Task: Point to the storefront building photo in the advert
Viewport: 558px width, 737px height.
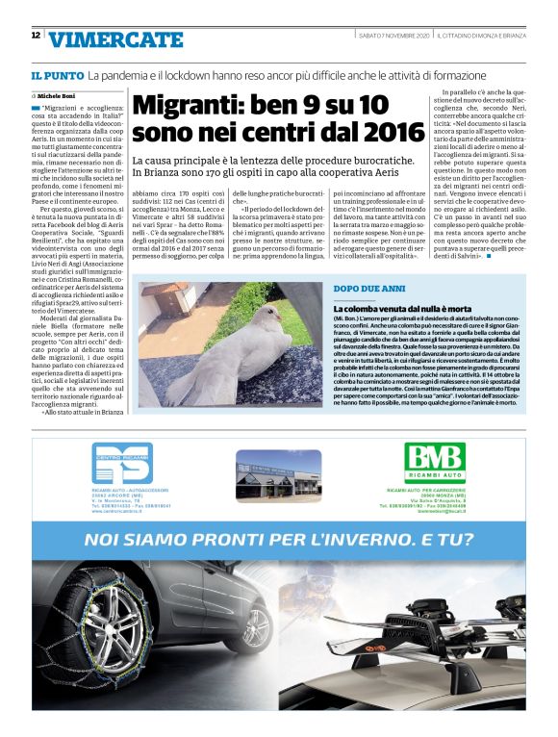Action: pos(278,475)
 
